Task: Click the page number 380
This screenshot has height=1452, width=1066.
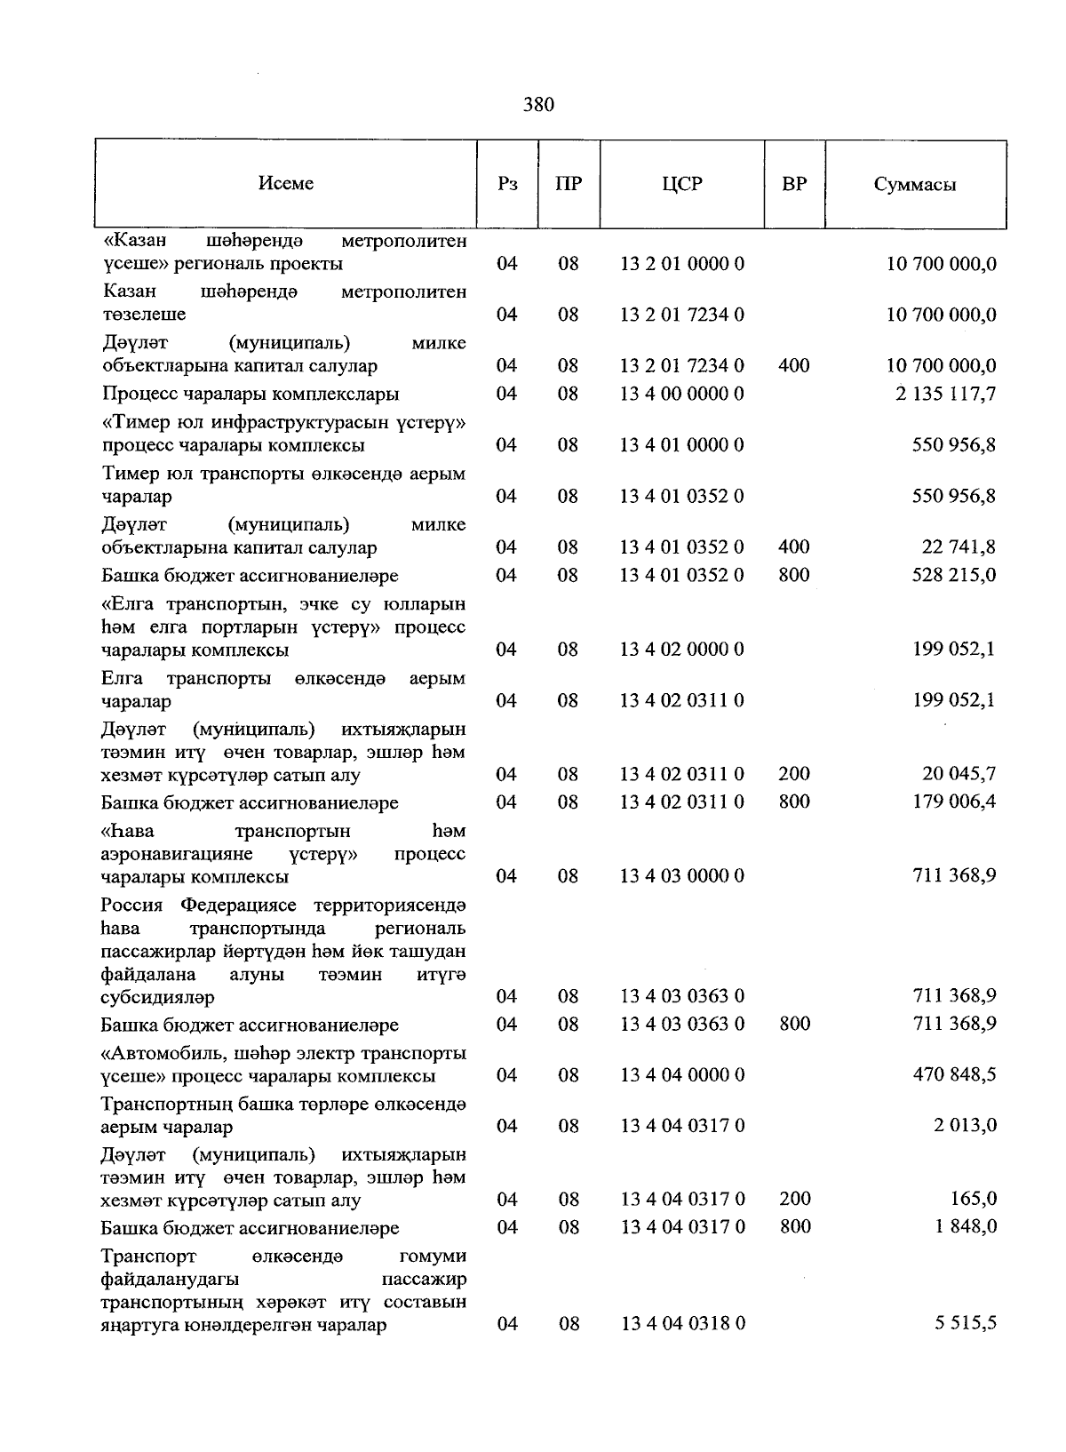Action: [538, 105]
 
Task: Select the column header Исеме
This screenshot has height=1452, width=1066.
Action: [286, 183]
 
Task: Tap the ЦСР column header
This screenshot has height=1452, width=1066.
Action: [681, 184]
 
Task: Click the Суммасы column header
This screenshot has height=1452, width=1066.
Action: [915, 184]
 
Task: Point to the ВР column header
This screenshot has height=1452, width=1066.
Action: [794, 184]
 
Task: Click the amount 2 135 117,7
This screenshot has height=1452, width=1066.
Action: [945, 394]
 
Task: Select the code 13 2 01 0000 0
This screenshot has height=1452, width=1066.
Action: [681, 264]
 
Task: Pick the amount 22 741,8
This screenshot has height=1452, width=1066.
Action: [959, 547]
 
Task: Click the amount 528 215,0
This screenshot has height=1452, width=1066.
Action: [954, 575]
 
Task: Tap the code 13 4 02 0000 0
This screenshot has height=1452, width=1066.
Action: [681, 650]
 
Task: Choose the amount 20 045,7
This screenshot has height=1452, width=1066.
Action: [959, 774]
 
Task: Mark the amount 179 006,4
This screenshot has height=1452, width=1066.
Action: [954, 802]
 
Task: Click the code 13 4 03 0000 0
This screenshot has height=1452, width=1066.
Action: [681, 876]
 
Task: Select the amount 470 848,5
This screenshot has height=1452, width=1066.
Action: [954, 1075]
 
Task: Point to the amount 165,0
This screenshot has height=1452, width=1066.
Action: [974, 1199]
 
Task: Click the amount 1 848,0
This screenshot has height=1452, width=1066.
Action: [965, 1227]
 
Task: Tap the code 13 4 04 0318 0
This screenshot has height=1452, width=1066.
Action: [681, 1324]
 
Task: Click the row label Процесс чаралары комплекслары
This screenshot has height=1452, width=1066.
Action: [251, 394]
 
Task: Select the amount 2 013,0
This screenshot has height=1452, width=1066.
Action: [965, 1126]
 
